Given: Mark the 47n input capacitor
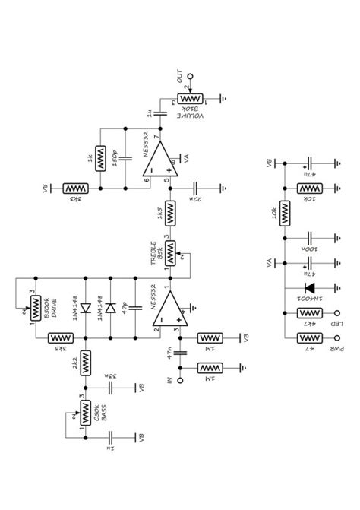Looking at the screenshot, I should tap(181, 350).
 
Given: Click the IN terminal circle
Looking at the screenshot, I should tap(181, 378).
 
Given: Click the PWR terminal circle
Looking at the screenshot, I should tap(336, 340).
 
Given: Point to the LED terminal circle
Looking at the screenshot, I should tap(336, 313).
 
